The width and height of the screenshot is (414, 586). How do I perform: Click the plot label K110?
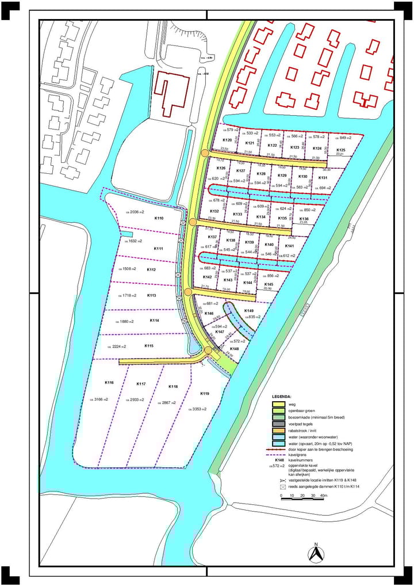coord(159,219)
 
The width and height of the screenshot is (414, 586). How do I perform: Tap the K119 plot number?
coord(205,394)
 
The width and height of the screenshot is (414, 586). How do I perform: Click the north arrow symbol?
coord(315,553)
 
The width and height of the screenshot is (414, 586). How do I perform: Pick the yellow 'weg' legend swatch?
coord(278,405)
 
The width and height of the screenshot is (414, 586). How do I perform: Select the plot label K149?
coord(249,311)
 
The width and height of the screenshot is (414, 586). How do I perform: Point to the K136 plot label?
coord(304,219)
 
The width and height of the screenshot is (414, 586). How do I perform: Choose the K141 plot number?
coord(305,246)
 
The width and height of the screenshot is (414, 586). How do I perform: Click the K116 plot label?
coord(109,383)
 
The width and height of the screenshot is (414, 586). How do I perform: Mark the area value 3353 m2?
coord(195,409)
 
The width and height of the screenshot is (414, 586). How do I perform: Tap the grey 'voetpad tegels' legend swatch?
coord(278,424)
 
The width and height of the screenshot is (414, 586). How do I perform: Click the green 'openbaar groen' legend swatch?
coord(278,411)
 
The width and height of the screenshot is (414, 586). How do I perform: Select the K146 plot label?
coord(209,314)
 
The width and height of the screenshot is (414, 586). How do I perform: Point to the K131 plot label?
coord(323,178)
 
